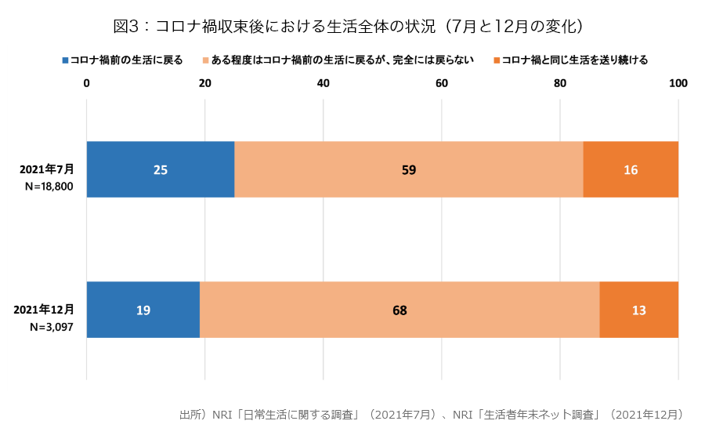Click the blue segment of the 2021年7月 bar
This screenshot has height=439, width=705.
[160, 169]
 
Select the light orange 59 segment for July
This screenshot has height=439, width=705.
[408, 169]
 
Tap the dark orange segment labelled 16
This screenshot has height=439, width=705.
[631, 169]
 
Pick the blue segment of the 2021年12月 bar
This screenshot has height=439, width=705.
[143, 310]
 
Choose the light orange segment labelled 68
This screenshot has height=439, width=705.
[399, 310]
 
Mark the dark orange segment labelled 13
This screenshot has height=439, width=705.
[638, 310]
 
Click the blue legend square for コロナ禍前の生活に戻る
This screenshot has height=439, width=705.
[65, 60]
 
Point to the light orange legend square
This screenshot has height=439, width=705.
[206, 60]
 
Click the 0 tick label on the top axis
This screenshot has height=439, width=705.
[86, 84]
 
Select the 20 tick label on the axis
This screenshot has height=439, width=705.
[204, 84]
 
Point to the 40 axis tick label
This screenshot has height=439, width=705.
[323, 84]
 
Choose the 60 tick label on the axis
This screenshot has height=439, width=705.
[441, 84]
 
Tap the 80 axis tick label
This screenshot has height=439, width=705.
[560, 84]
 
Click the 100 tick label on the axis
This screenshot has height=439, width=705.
[678, 84]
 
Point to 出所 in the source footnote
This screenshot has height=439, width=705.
[190, 414]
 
